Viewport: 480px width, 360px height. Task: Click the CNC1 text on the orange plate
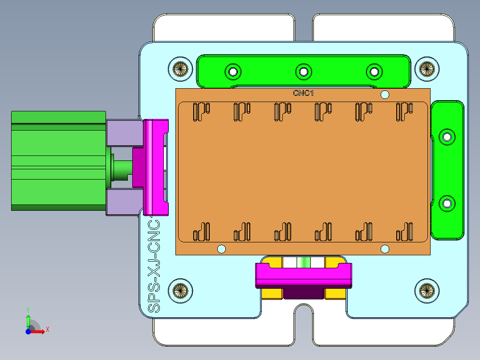pyautogui.click(x=303, y=93)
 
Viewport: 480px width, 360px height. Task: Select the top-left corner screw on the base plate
pyautogui.click(x=180, y=69)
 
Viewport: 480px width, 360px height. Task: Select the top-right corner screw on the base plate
pyautogui.click(x=427, y=69)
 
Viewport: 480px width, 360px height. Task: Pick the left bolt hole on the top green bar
pyautogui.click(x=232, y=71)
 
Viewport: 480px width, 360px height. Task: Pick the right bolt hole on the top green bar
pyautogui.click(x=374, y=71)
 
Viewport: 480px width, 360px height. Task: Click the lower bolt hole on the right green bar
pyautogui.click(x=447, y=204)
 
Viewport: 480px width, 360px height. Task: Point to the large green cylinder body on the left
pyautogui.click(x=58, y=160)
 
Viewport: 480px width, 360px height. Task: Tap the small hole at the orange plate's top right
pyautogui.click(x=385, y=94)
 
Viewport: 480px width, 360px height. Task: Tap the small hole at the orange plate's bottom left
pyautogui.click(x=221, y=249)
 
